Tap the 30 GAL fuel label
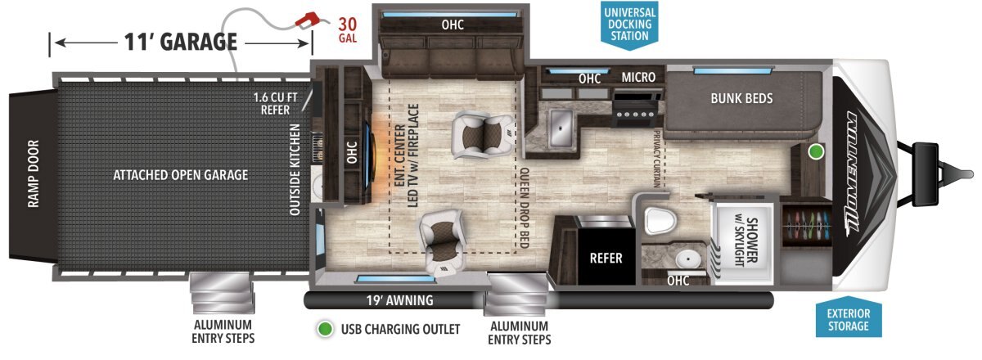click(348, 29)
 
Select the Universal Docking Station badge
click(629, 25)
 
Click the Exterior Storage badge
click(849, 319)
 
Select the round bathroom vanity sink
click(687, 259)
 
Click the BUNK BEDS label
click(741, 99)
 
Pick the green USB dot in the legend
click(325, 329)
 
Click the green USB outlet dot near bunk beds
click(815, 151)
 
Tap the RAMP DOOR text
click(34, 174)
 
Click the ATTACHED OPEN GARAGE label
click(181, 175)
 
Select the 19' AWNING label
click(400, 300)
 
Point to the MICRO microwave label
click(638, 77)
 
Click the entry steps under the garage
click(223, 293)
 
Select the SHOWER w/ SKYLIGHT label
click(746, 241)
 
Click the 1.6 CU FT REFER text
click(275, 103)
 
